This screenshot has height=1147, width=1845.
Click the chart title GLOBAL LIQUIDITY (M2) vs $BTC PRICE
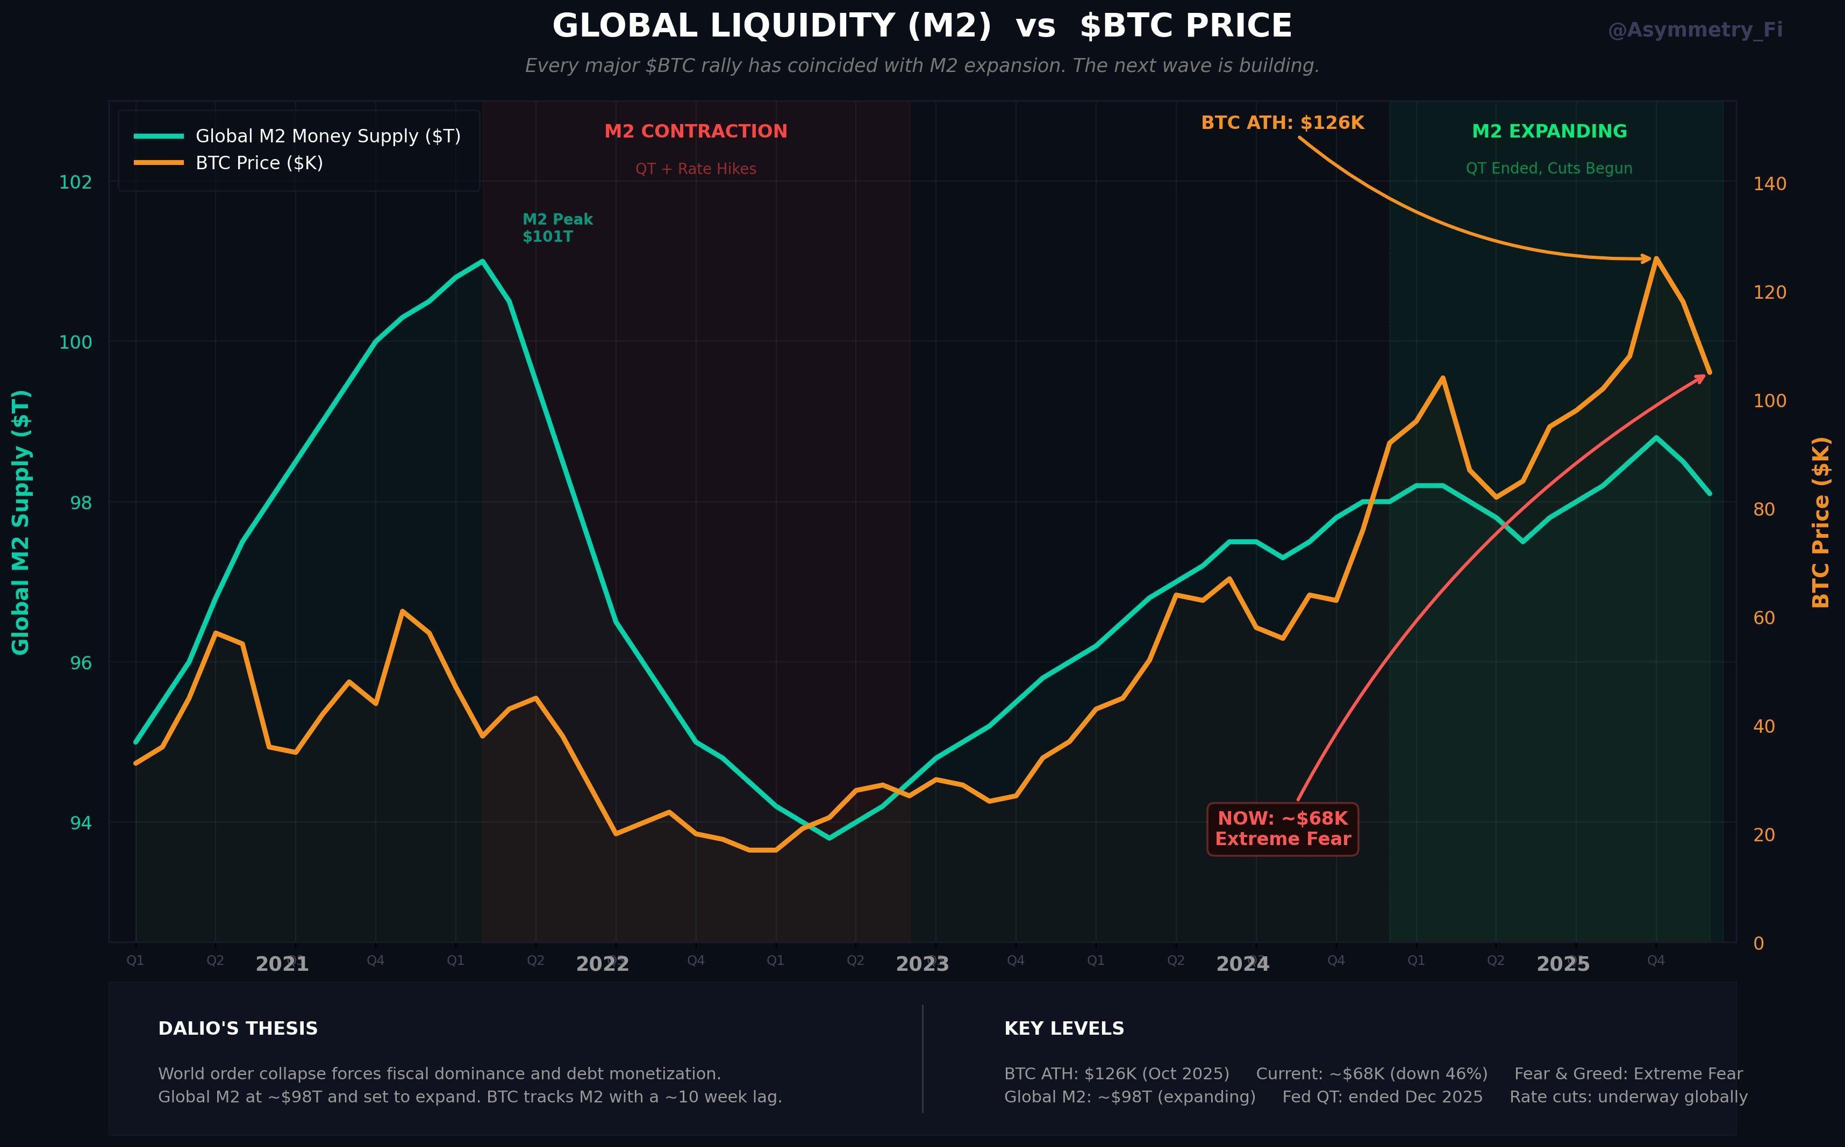921,26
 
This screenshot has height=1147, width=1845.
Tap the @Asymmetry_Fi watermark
1694,30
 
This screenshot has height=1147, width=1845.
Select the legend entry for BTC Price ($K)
259,163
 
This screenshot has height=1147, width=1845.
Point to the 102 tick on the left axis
75,182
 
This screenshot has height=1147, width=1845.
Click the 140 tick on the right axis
1769,184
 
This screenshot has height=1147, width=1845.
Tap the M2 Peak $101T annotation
557,228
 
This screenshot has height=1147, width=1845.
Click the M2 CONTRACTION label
695,131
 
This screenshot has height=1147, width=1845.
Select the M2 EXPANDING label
1548,131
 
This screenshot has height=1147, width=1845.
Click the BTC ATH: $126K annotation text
1282,123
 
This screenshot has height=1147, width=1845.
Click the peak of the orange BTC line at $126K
1655,259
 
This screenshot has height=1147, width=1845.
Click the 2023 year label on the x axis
921,964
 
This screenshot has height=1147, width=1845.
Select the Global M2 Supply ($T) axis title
20,522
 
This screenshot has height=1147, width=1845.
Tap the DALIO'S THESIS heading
238,1029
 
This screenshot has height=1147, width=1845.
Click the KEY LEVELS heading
1063,1029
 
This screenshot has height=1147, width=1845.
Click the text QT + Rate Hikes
695,168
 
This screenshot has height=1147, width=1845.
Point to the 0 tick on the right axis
1758,943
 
